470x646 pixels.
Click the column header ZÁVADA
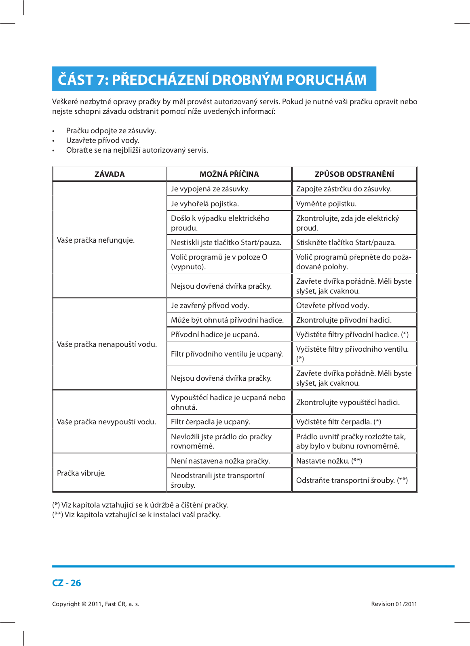110,174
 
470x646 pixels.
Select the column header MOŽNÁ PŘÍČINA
229,174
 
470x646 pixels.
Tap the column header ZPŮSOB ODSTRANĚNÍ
354,174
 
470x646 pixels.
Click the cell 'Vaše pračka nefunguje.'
96,240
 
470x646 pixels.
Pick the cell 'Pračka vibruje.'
81,473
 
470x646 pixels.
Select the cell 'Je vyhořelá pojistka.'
204,203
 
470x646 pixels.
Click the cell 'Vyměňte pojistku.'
326,203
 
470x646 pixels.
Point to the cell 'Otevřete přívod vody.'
332,305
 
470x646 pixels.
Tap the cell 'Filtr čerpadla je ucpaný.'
211,422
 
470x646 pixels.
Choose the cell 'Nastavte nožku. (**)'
329,461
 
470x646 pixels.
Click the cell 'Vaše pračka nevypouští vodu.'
106,422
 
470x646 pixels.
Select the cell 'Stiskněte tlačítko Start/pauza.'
346,242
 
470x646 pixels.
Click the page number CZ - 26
67,583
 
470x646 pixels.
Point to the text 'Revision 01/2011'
394,604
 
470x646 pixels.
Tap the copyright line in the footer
95,604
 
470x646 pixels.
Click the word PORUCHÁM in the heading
326,80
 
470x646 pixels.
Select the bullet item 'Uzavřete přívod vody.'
103,140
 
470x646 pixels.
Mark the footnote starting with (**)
137,514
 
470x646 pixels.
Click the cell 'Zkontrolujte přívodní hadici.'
344,320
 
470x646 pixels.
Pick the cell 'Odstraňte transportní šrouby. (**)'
352,480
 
